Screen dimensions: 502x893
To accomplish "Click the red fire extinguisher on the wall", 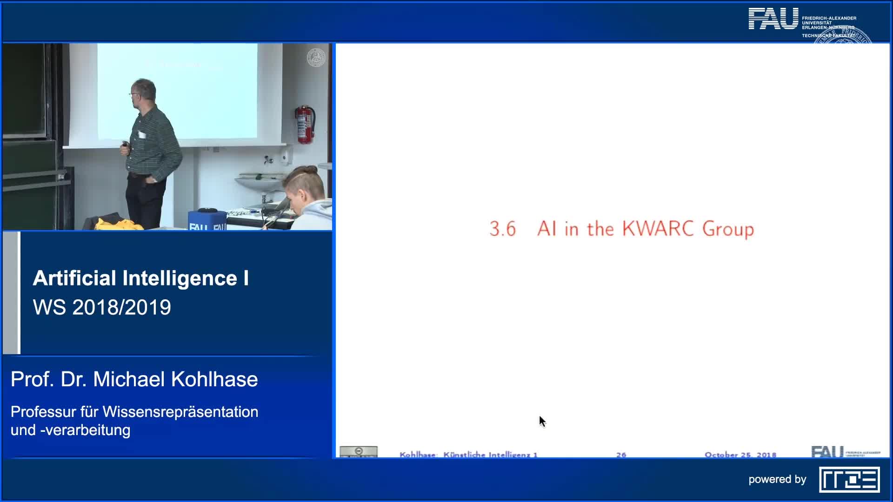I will coord(305,124).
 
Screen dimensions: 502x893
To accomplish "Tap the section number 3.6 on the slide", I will coord(502,229).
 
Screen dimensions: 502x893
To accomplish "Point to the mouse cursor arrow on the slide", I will coord(542,421).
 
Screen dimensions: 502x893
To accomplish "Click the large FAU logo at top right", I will coord(773,19).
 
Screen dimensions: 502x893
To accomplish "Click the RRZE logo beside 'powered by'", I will coord(849,480).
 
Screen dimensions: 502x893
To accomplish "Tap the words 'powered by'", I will coord(777,479).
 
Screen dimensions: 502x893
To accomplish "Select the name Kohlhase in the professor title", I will coord(214,379).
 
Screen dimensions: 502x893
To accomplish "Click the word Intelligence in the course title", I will coord(180,278).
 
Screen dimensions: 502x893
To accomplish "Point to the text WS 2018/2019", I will coord(102,307).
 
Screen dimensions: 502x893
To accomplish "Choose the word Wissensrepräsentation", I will coord(180,412).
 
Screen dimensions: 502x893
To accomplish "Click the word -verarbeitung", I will coord(85,430).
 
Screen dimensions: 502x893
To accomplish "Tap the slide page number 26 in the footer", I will coord(621,455).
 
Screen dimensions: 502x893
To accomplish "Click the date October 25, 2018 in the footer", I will coord(740,455).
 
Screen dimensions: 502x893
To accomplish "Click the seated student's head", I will coord(305,186).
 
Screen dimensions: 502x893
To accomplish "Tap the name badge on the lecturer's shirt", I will coord(142,135).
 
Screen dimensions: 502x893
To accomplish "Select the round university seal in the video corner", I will coord(316,58).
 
